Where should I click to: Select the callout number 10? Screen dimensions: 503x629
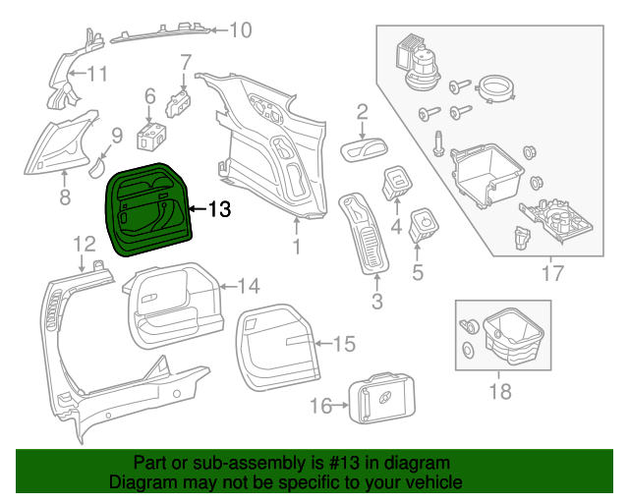pos(240,30)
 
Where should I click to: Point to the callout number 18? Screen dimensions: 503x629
pos(500,391)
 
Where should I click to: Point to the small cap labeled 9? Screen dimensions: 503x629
pos(96,165)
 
